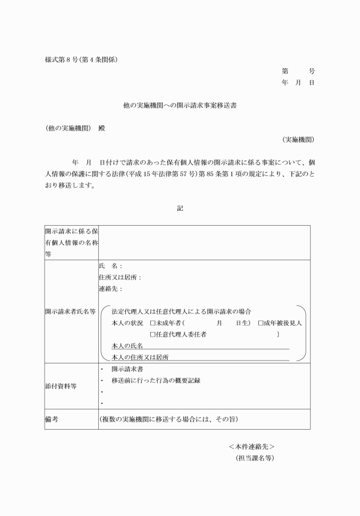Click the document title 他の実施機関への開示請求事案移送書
point(180,106)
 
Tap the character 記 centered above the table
point(180,209)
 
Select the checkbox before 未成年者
point(153,323)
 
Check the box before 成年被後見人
point(261,323)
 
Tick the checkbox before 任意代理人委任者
point(153,334)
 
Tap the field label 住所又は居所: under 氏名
point(119,277)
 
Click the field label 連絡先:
point(110,289)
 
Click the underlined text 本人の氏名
point(127,346)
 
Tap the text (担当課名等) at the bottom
point(255,458)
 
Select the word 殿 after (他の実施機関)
point(102,128)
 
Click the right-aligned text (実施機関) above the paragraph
point(297,139)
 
